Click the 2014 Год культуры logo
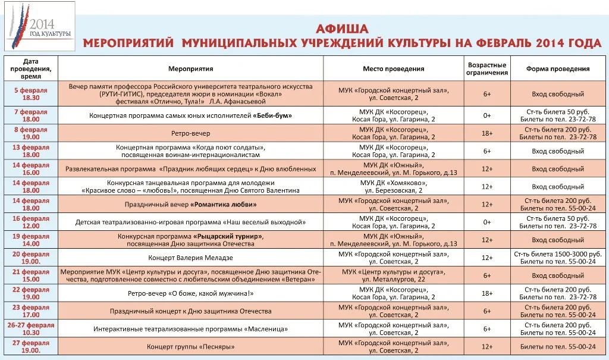click(39, 27)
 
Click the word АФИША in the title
click(342, 29)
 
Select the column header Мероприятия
click(190, 69)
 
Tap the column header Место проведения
click(393, 69)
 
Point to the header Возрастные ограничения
click(487, 69)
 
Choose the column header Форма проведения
click(558, 69)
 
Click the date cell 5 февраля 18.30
click(30, 94)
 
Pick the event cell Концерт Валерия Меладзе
click(190, 258)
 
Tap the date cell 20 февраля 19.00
click(31, 258)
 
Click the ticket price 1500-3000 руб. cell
click(558, 258)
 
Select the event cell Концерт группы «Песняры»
click(190, 346)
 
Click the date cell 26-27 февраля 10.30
click(31, 329)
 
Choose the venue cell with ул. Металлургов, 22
click(393, 276)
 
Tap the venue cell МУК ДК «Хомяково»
click(393, 186)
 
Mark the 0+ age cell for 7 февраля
click(487, 115)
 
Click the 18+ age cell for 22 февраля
click(487, 293)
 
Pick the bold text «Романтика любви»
click(224, 204)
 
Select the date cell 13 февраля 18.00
click(31, 151)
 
